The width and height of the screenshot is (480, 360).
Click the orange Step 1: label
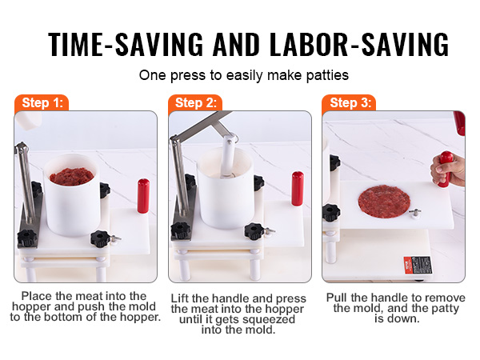(41, 102)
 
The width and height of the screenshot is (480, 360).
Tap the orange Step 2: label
(195, 102)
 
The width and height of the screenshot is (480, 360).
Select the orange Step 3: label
(349, 102)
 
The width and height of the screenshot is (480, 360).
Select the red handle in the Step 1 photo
(143, 196)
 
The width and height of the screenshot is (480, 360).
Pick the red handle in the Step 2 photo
(297, 188)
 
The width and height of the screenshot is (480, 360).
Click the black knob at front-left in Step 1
(28, 238)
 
